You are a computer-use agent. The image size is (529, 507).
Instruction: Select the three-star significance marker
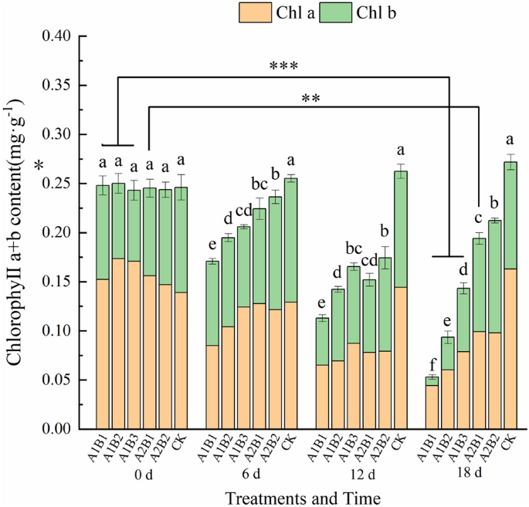[283, 67]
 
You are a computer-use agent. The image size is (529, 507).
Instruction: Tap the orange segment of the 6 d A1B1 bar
[212, 386]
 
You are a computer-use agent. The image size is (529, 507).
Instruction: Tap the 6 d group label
[253, 472]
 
